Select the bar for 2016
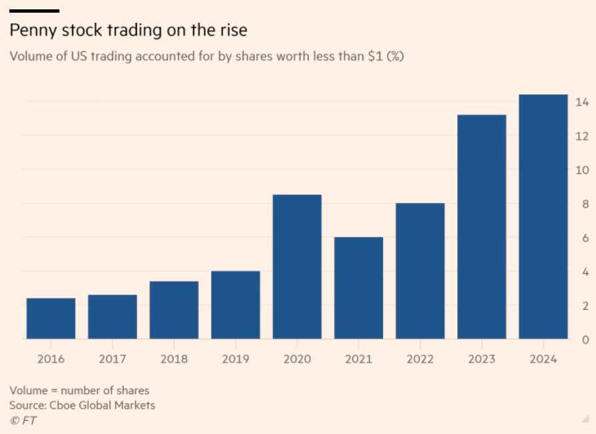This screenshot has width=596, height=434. (x=51, y=318)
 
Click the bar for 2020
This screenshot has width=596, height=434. (x=297, y=267)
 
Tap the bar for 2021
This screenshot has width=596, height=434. (x=358, y=288)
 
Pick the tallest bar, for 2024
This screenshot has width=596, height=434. (x=543, y=217)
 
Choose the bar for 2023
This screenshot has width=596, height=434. (x=481, y=227)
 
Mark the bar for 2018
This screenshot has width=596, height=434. (x=174, y=310)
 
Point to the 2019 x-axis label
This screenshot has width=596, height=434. (x=235, y=359)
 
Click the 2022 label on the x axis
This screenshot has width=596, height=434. (x=420, y=359)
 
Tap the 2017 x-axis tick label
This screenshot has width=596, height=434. (x=112, y=359)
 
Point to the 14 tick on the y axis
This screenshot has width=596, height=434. (x=581, y=102)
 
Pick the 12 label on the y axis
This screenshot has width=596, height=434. (x=581, y=136)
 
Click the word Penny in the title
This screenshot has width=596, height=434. (x=31, y=31)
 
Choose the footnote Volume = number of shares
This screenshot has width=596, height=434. (x=79, y=391)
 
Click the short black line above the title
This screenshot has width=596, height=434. (x=35, y=11)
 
